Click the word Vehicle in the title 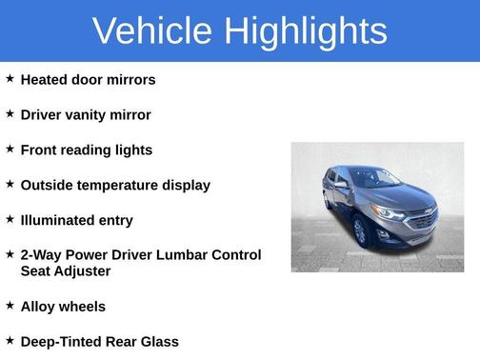pos(152,30)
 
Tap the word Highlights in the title pos(306,30)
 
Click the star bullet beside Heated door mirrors pos(10,79)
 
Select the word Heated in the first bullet pos(46,80)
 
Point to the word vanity pos(91,115)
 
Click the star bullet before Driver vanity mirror pos(10,114)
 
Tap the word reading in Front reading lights pos(93,150)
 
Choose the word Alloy pos(39,307)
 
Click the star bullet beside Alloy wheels pos(10,306)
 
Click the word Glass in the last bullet pos(157,342)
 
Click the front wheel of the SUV pos(360,231)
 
